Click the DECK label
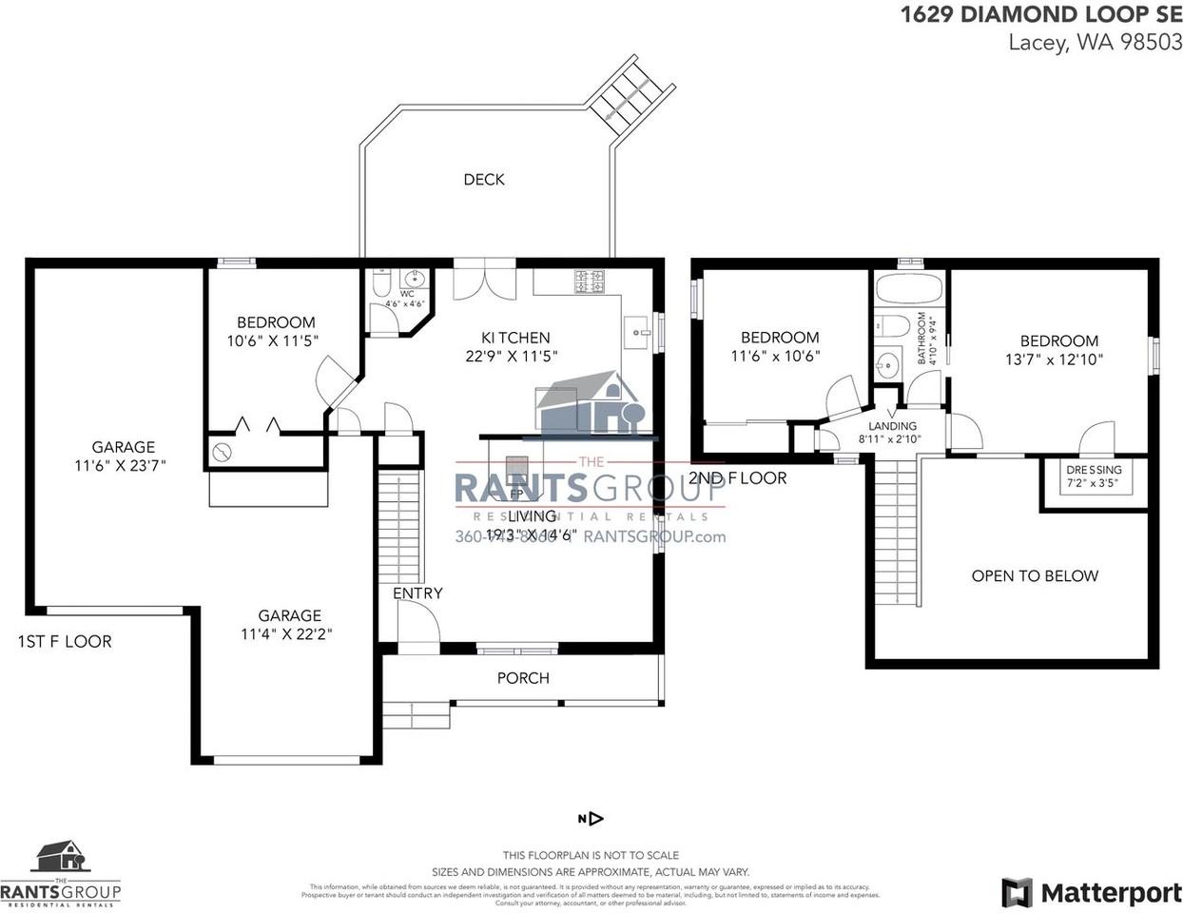point(484,180)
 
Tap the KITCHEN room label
point(515,338)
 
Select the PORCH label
point(523,678)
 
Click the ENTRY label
point(417,593)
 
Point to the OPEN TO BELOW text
point(1035,576)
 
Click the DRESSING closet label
point(1094,470)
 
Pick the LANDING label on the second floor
point(892,426)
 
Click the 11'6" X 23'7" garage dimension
point(123,466)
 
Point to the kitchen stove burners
point(590,282)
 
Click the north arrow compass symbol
point(591,819)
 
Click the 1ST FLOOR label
point(65,642)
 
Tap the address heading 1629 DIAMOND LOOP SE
point(1041,14)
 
